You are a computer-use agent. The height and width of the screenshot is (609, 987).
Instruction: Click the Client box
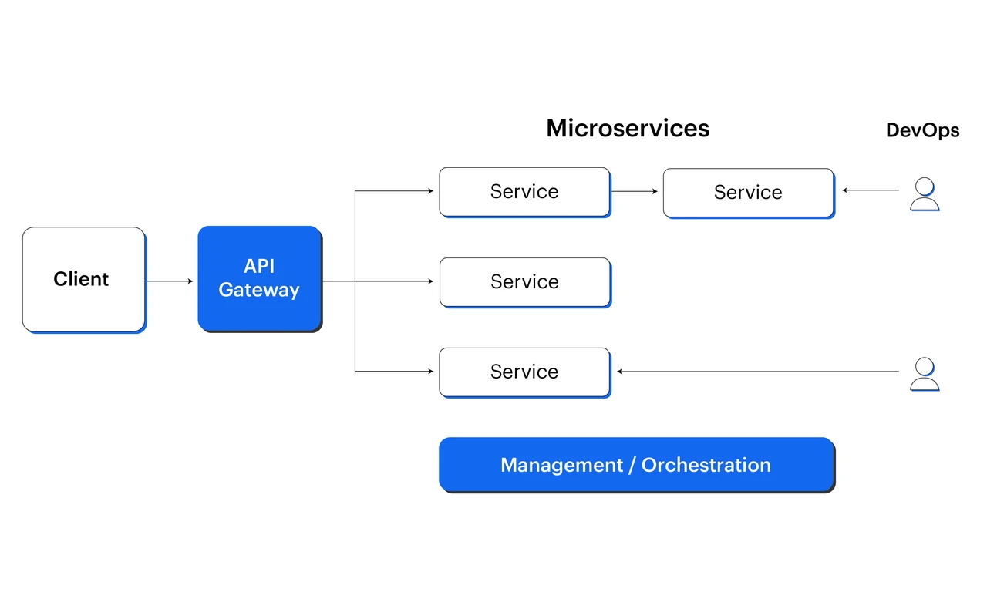coord(84,280)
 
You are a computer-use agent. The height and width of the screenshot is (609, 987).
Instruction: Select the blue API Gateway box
coord(260,279)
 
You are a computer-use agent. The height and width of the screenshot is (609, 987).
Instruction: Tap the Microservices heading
coord(628,128)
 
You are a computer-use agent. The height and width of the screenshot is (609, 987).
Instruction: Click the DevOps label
coord(923,130)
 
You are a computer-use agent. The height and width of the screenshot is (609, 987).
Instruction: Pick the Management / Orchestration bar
coord(637,465)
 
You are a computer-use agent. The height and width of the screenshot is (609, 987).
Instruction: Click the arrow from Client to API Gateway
coord(170,281)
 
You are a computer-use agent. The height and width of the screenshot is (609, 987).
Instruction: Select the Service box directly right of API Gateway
coord(525,282)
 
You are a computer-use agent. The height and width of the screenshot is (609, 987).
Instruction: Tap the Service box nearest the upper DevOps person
coord(749,193)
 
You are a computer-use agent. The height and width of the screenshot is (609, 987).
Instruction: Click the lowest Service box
coord(525,373)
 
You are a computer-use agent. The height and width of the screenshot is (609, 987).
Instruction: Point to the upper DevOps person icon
coord(925,194)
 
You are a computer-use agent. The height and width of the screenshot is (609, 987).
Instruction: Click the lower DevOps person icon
coord(925,374)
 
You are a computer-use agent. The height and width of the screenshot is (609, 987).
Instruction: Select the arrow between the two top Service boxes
coord(635,191)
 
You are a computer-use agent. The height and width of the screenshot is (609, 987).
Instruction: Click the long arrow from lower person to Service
coord(758,372)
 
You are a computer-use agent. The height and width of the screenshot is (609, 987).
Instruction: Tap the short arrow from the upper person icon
coord(871,190)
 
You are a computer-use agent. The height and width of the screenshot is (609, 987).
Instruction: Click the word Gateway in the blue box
coord(259,290)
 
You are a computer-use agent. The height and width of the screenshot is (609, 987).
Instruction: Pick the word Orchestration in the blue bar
coord(706,465)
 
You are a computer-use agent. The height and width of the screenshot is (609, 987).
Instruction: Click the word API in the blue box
coord(259,266)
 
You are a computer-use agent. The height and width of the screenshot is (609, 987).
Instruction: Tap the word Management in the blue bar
coord(562,466)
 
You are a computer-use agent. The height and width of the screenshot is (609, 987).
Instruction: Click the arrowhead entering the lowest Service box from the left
coord(430,371)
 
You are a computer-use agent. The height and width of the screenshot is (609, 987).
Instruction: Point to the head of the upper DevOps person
coord(925,186)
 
